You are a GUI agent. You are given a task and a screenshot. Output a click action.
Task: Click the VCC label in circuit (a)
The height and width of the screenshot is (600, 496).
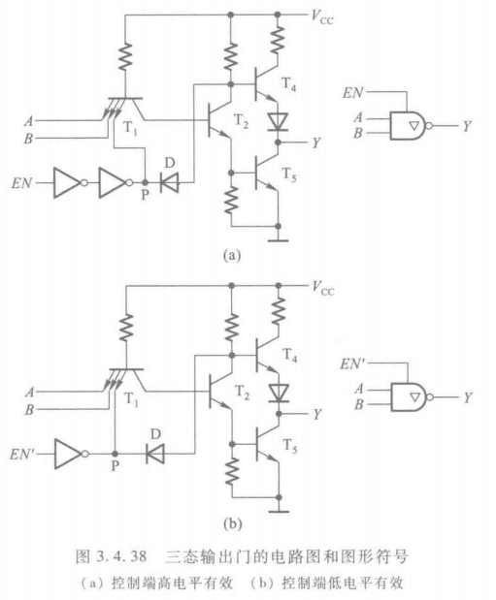click(322, 16)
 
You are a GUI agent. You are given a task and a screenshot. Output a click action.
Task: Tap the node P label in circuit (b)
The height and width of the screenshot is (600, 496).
click(116, 465)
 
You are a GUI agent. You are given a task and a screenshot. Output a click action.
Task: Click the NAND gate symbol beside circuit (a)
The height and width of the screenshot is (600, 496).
click(408, 124)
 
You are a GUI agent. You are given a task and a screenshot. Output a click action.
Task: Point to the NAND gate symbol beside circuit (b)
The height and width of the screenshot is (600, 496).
click(408, 395)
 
